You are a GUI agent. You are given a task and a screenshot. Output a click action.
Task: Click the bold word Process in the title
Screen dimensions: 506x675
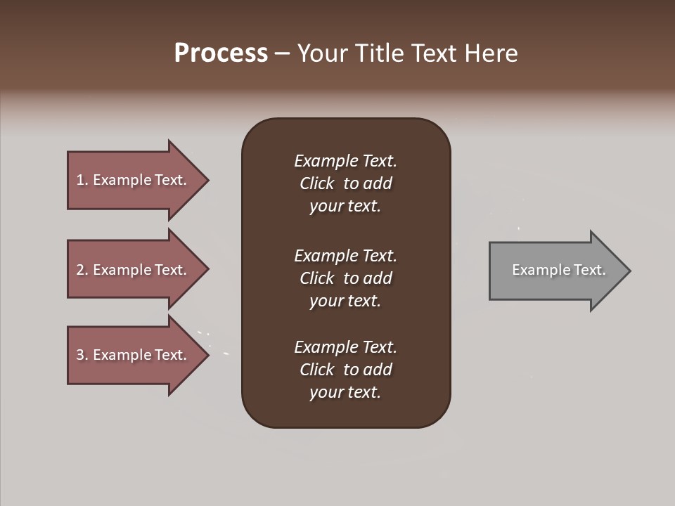tap(221, 53)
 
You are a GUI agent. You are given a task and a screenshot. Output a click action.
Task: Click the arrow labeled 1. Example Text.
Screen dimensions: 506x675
tap(134, 180)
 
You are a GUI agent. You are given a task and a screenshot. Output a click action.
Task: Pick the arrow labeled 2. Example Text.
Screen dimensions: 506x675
tap(134, 270)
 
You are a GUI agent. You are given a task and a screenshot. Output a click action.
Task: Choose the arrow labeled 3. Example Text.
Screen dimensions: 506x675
tap(134, 355)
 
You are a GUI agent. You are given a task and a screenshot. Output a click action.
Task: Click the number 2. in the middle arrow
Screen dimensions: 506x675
tap(82, 270)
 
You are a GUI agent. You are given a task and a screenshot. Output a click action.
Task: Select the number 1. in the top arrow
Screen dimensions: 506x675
tap(82, 180)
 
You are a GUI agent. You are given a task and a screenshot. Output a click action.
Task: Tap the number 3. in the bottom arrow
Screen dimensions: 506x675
tap(82, 355)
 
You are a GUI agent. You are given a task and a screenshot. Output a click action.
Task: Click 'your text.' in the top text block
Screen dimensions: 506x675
tap(345, 207)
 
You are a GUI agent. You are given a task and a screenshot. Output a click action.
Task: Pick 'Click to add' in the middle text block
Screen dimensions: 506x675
tap(346, 278)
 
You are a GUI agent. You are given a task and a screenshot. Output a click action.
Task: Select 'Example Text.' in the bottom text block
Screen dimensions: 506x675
tap(345, 347)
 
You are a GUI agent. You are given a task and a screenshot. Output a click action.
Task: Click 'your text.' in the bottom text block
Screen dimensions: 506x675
tap(345, 393)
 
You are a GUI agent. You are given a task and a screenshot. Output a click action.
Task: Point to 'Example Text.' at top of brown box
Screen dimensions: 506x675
tap(345, 161)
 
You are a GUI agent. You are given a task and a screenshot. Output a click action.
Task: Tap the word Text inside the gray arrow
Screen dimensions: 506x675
tap(589, 270)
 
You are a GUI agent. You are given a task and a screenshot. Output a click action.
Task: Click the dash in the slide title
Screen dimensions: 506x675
tap(283, 54)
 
